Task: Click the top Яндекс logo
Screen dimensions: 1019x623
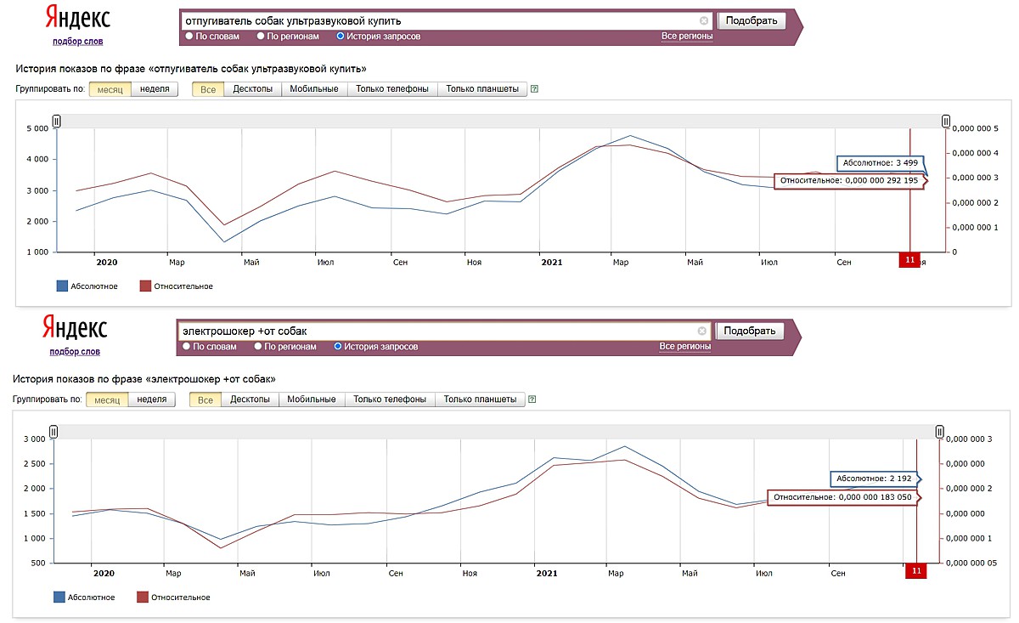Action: (x=78, y=17)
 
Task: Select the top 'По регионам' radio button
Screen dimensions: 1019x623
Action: (x=261, y=36)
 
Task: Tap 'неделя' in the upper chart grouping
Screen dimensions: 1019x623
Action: (x=155, y=88)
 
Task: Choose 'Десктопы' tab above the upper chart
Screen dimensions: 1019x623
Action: (x=252, y=88)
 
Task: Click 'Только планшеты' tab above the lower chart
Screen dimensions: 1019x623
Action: (x=480, y=399)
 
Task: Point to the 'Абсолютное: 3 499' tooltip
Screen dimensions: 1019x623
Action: (x=881, y=163)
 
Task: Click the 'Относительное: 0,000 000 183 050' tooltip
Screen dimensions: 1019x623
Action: (x=842, y=497)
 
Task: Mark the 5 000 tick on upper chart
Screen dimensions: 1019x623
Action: (x=37, y=128)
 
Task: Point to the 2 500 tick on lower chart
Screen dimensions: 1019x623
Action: (x=35, y=463)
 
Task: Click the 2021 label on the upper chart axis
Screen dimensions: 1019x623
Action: (x=552, y=263)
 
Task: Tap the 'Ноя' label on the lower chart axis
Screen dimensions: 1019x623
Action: (x=470, y=574)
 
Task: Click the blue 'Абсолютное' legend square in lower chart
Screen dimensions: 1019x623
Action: (x=59, y=597)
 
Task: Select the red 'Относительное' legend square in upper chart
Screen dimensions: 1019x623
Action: (x=145, y=286)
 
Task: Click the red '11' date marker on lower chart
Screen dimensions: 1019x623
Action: (x=916, y=571)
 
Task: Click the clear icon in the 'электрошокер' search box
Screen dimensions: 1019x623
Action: (x=702, y=331)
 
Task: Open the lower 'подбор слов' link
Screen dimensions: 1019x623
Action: (x=75, y=352)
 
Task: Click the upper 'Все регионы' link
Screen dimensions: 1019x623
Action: (x=687, y=36)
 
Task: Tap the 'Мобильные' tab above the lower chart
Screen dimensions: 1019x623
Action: (x=312, y=399)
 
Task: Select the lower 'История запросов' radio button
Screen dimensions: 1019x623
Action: (x=338, y=347)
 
